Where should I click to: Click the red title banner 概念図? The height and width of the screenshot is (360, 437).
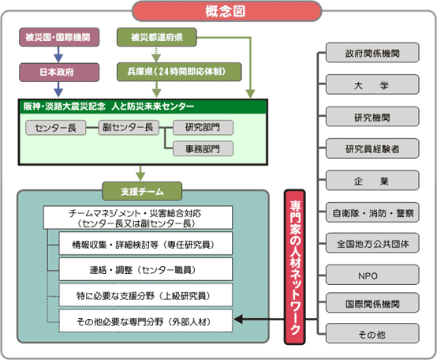227,11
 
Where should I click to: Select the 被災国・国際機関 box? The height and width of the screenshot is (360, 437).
59,37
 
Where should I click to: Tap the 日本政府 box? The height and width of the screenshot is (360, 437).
59,72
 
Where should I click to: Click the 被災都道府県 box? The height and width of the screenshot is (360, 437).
157,37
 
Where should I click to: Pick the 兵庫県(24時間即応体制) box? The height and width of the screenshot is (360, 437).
179,72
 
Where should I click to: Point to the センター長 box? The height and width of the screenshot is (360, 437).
56,128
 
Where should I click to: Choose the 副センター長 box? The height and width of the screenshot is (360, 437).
129,127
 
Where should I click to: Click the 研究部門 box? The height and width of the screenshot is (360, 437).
203,127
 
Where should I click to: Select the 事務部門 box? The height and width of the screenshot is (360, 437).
203,148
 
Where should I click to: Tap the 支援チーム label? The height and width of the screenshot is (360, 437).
142,191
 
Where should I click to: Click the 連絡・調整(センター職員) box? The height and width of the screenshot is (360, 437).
145,269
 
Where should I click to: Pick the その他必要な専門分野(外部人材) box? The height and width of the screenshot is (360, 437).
145,321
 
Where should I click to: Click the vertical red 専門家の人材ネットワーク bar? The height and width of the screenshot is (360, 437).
295,267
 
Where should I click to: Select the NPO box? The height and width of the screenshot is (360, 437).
372,275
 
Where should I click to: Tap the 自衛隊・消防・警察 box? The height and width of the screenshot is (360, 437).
372,212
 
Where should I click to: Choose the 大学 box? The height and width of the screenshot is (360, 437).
372,84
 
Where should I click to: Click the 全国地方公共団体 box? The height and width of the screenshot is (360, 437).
372,243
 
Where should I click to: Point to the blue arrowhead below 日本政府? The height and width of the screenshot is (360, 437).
58,93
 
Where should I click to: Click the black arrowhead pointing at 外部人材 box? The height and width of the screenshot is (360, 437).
238,319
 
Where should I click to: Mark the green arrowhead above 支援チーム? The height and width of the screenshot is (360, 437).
140,177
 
